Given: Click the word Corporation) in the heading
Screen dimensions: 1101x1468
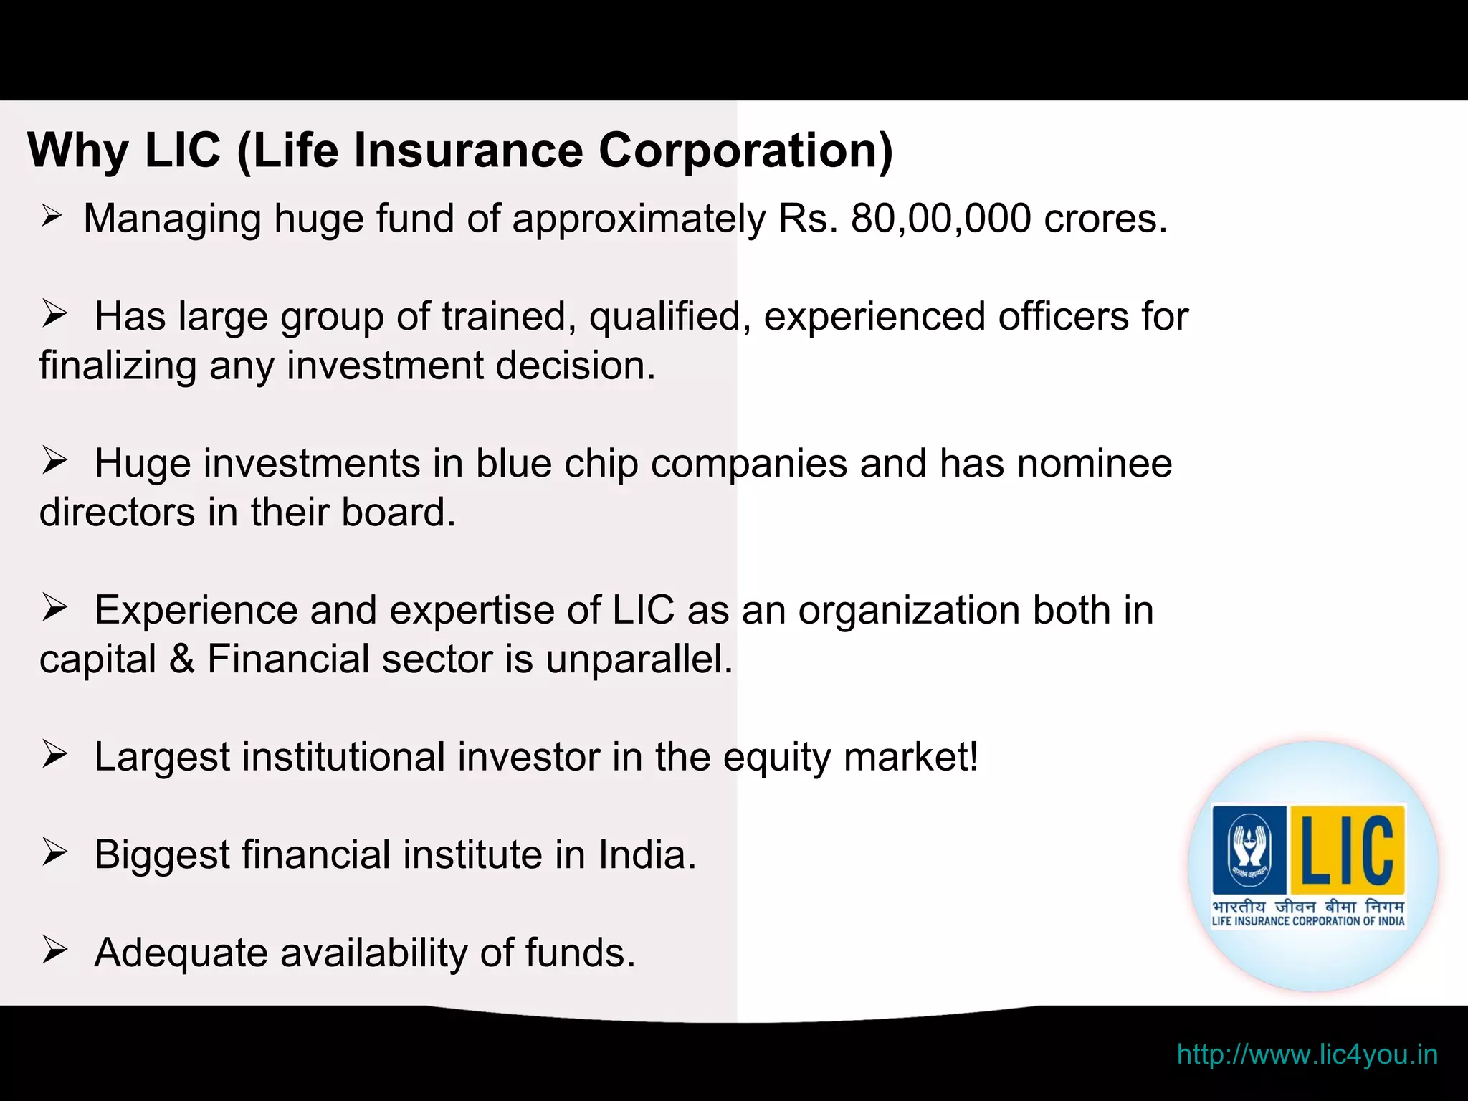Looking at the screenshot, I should point(745,151).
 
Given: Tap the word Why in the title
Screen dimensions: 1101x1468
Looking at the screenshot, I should point(78,151).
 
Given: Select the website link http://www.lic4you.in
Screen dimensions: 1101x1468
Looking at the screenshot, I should point(1307,1054).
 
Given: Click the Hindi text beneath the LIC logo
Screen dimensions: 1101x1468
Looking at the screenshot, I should point(1308,906).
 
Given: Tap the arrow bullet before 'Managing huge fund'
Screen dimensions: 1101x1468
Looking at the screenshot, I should point(52,216).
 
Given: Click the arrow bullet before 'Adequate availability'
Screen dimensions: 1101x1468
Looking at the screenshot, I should point(54,950).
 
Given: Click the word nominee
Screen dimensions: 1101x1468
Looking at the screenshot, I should point(1095,463).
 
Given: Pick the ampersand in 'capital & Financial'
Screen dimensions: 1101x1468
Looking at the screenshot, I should point(182,659).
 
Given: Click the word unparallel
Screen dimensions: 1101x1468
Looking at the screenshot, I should point(639,659).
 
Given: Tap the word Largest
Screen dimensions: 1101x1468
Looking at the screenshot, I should point(162,757).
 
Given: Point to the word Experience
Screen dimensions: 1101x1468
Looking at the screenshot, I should point(196,610).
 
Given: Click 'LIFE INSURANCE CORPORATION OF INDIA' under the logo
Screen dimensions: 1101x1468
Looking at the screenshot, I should point(1308,922).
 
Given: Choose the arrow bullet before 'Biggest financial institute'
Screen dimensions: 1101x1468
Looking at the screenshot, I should point(54,853).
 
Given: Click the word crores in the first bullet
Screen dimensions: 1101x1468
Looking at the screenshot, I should point(1105,219).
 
